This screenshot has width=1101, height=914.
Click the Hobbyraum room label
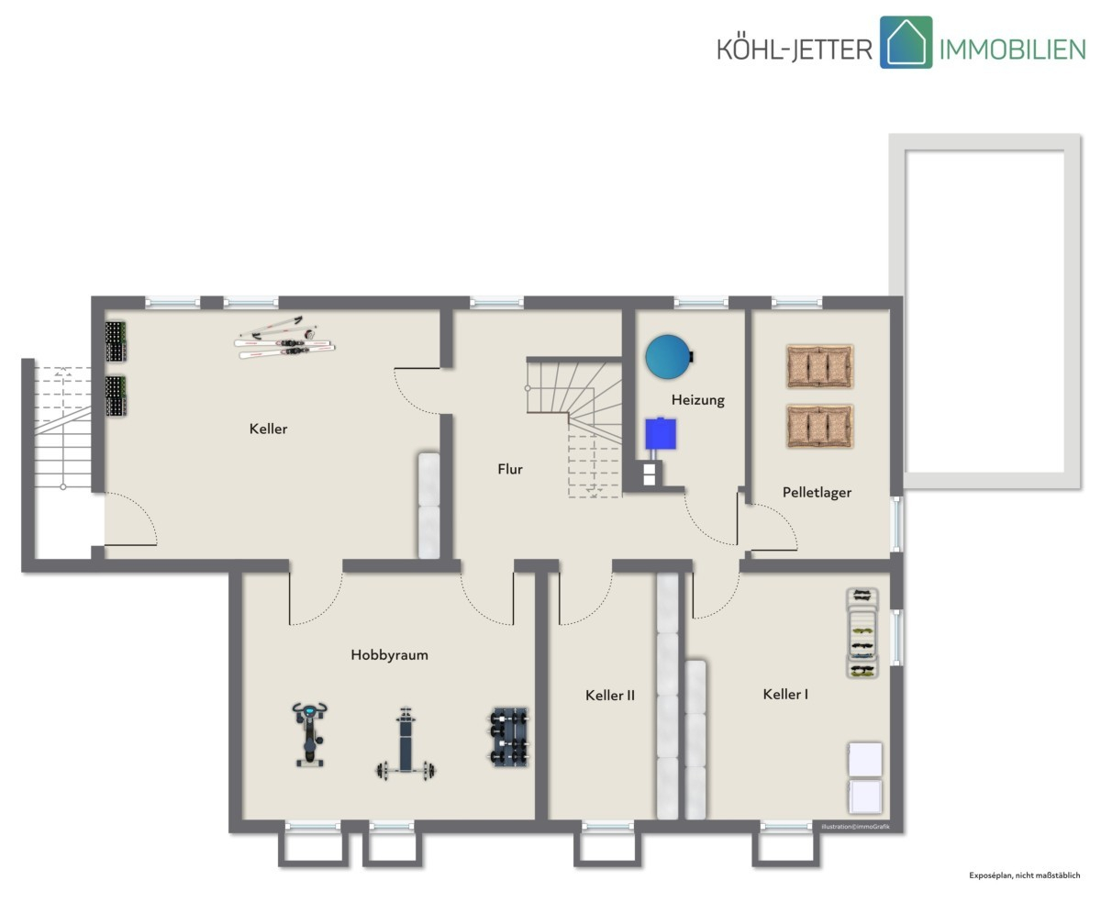[389, 655]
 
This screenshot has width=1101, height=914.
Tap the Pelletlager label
[817, 493]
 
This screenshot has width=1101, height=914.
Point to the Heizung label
[697, 400]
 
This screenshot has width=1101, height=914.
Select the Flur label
[510, 469]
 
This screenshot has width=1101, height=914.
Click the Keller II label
[610, 695]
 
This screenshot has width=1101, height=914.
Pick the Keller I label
[785, 694]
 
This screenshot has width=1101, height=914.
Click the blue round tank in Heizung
[669, 357]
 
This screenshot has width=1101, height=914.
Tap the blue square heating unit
[661, 433]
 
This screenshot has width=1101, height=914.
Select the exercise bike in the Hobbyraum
[310, 734]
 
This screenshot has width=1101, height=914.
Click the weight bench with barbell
[405, 743]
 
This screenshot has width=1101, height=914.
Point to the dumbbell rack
[509, 737]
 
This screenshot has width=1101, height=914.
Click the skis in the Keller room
[284, 338]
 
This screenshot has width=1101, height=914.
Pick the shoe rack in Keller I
[862, 633]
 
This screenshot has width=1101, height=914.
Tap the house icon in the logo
[906, 42]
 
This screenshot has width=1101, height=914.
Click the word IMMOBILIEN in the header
[1012, 50]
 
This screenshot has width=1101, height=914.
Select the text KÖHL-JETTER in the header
[795, 49]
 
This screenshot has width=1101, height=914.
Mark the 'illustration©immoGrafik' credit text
[855, 827]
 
